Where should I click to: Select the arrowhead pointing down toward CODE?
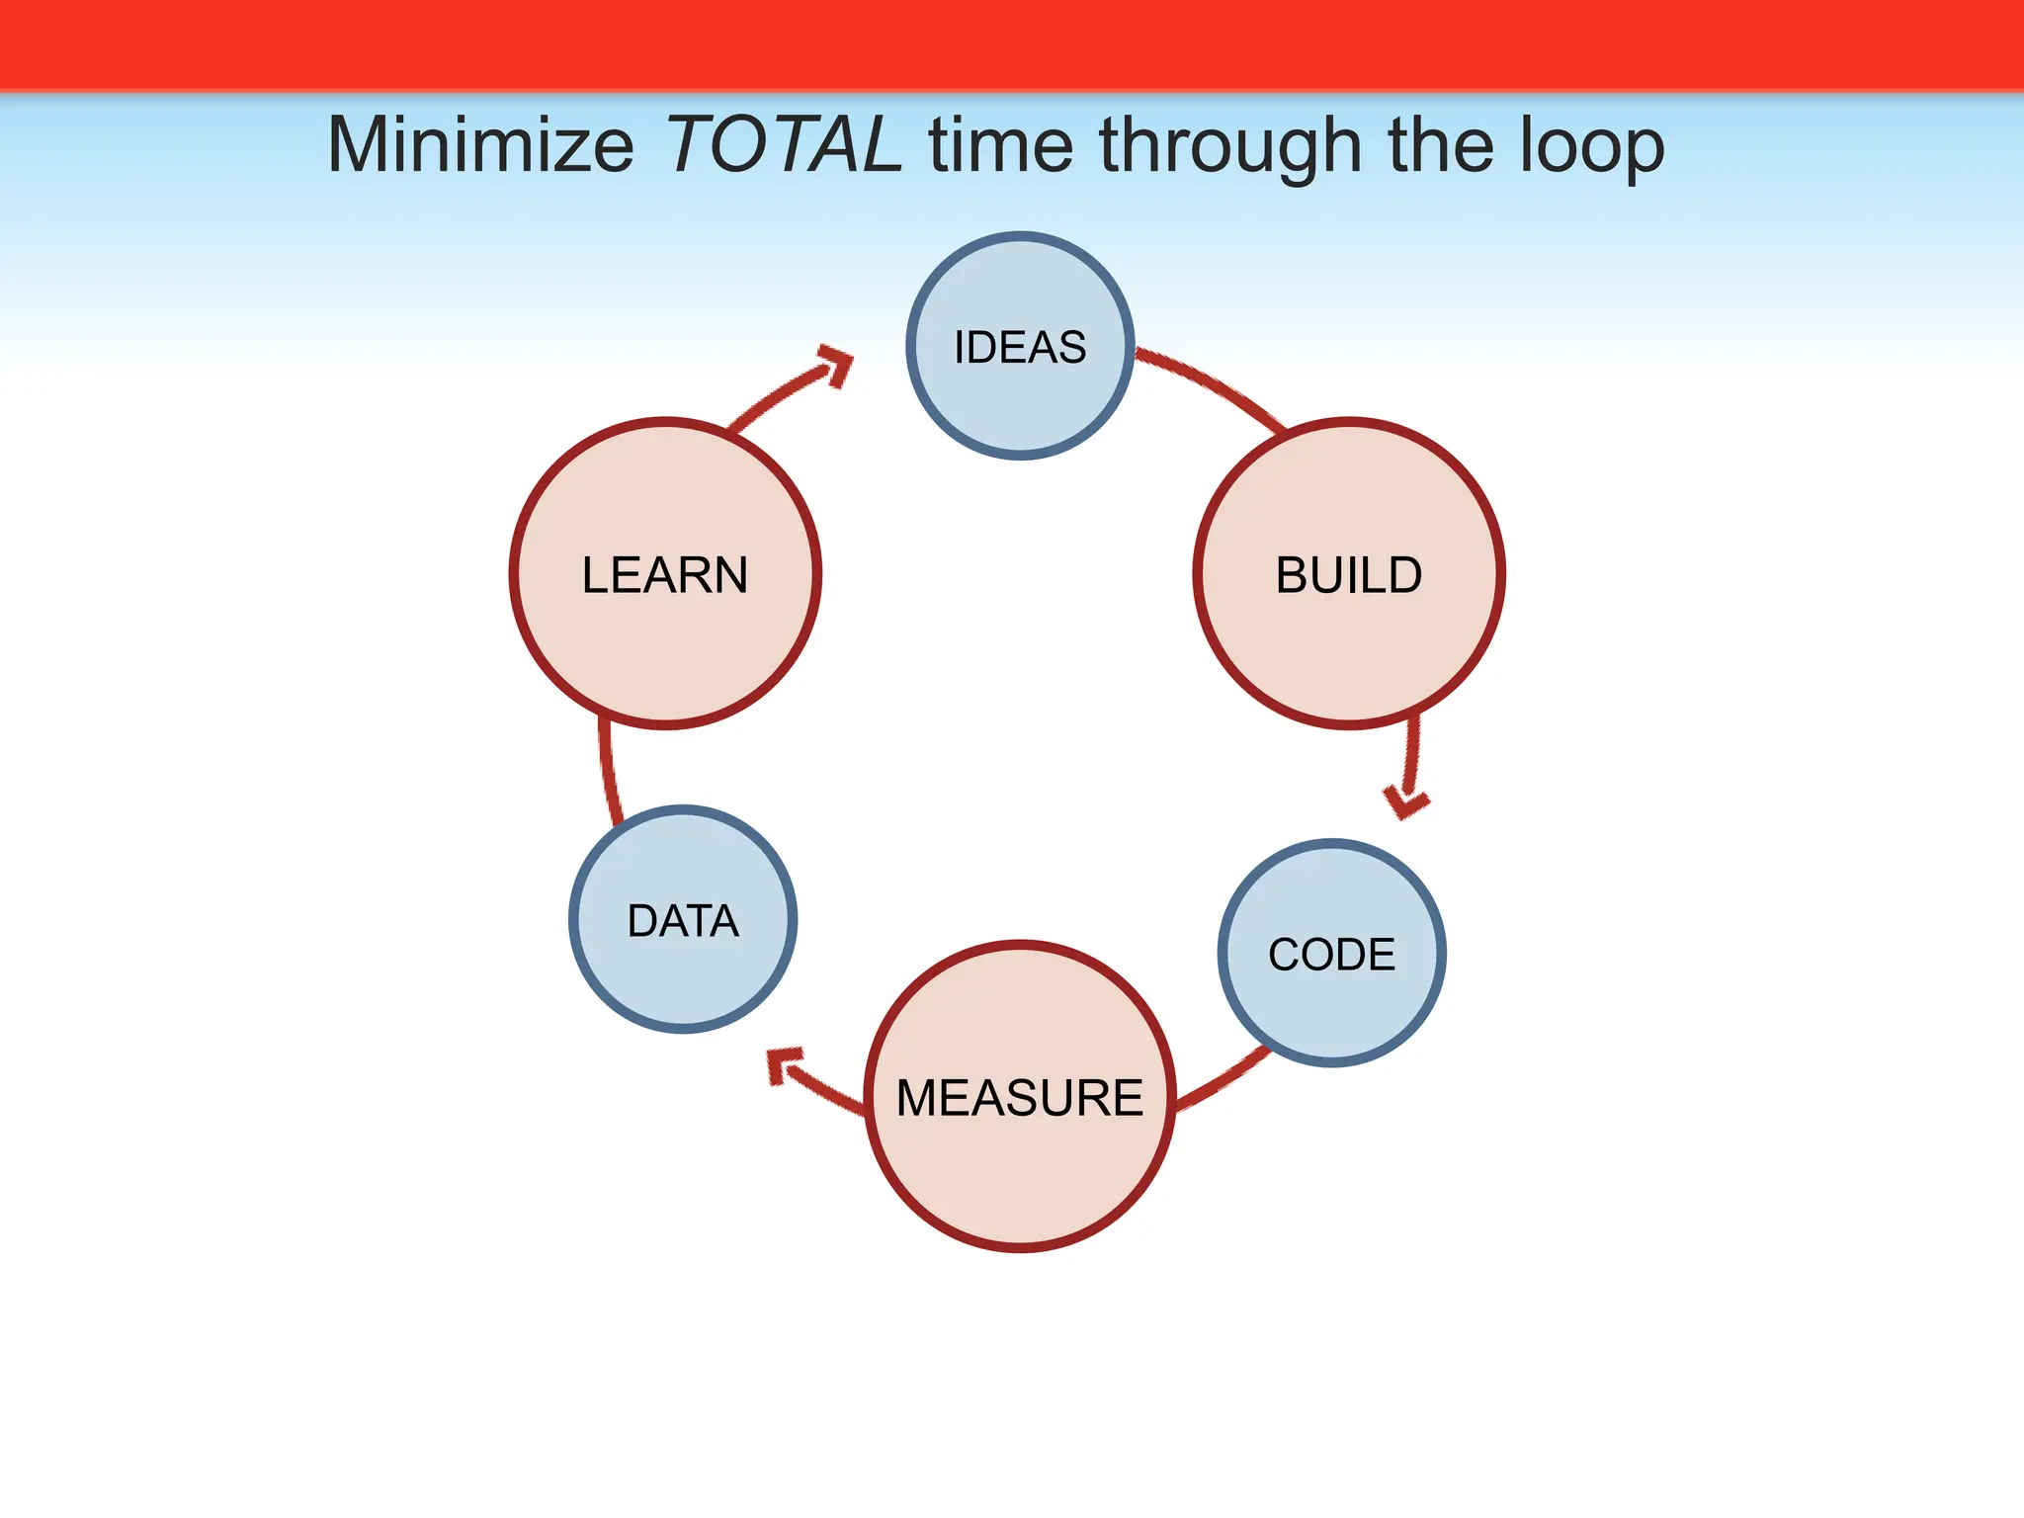click(x=1405, y=801)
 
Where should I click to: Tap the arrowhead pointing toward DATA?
click(x=787, y=1067)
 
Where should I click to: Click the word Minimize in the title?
click(x=480, y=145)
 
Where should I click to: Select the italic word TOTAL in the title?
click(x=784, y=145)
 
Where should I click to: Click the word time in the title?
click(x=1000, y=145)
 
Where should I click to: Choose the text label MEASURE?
click(x=1020, y=1098)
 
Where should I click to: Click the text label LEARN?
click(x=665, y=575)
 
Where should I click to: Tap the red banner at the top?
click(x=1012, y=44)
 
